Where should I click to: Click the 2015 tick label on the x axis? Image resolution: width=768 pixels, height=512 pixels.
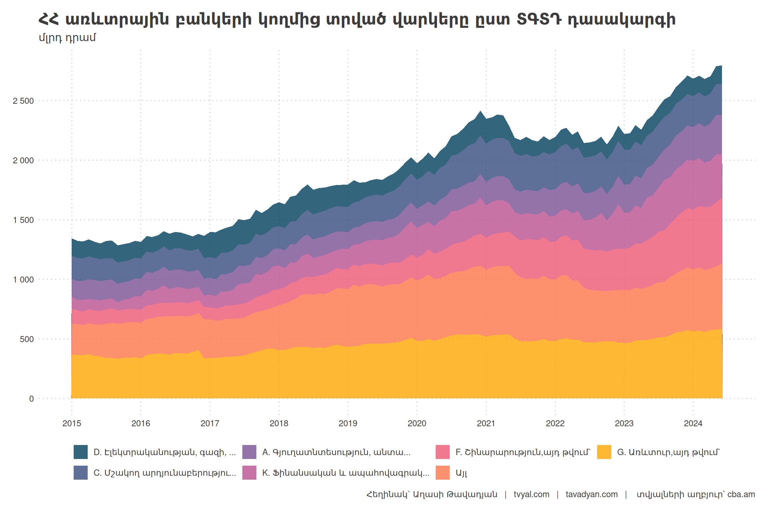72,423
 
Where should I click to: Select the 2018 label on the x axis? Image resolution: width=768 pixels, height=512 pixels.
279,423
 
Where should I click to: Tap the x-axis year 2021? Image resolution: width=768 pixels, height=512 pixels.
486,423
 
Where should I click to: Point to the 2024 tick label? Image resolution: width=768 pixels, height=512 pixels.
693,423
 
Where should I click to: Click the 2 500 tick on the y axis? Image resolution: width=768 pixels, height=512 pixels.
23,101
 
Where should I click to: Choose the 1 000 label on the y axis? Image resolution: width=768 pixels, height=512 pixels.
23,280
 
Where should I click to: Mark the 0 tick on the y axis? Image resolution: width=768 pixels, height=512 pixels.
31,399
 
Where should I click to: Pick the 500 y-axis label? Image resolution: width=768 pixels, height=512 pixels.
27,339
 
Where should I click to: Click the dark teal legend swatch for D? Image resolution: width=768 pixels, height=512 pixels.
81,452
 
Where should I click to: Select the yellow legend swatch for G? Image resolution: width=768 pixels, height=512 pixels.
604,452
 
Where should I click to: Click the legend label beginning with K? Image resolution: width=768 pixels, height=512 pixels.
345,473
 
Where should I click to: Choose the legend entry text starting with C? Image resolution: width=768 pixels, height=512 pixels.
165,473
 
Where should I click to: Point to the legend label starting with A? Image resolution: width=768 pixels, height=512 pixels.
336,452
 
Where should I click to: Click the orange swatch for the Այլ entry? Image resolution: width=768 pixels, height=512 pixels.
443,473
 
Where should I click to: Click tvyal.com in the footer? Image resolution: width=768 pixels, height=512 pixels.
531,494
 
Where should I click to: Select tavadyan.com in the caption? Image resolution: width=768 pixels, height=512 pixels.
591,494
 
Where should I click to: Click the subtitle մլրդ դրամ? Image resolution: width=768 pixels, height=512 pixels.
67,38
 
